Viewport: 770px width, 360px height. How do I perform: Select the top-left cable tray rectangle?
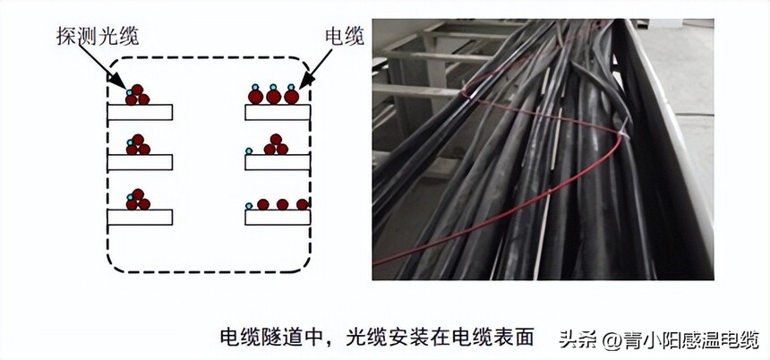(x=140, y=112)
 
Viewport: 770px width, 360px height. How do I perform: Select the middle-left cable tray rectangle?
(x=140, y=162)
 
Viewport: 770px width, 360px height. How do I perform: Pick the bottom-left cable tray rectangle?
(x=140, y=217)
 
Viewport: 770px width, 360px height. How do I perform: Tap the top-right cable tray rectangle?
(x=278, y=112)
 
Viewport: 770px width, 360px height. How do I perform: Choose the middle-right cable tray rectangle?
(x=278, y=162)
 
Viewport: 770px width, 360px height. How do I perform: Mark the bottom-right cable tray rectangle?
(x=278, y=217)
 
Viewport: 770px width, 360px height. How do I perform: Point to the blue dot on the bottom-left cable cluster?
(x=130, y=194)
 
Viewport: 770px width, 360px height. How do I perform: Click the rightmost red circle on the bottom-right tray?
(x=303, y=205)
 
